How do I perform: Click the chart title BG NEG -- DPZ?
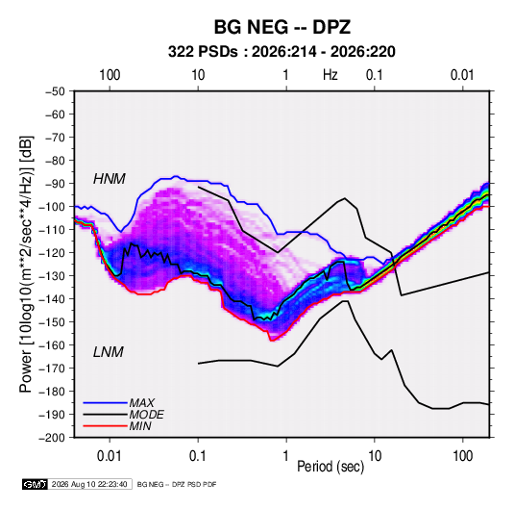282,27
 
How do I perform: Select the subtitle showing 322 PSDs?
281,52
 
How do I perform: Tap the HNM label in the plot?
110,179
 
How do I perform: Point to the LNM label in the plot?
109,352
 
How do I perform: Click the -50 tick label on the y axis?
55,91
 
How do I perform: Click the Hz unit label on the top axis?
330,75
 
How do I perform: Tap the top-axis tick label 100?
110,75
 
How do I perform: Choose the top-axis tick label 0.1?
375,75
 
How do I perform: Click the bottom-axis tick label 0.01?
110,456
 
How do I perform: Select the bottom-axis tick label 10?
375,456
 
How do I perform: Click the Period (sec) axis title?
330,467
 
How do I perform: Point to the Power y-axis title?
26,264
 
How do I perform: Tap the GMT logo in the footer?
36,484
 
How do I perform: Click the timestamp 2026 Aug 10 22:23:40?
89,484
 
